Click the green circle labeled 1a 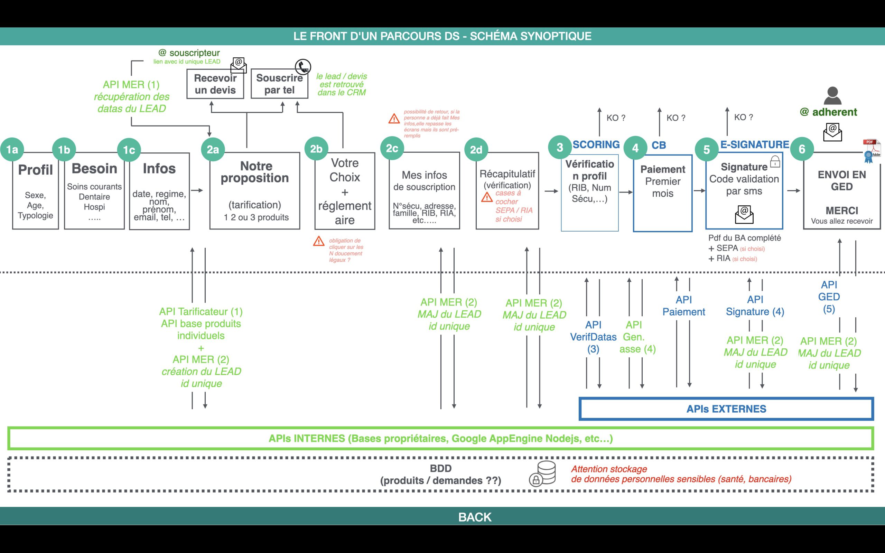click(12, 149)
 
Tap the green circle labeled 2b click(316, 149)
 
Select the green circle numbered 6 click(802, 149)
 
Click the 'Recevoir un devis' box click(215, 84)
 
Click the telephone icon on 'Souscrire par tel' click(303, 67)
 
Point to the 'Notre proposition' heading click(255, 172)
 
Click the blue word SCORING click(596, 144)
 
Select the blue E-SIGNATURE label click(754, 144)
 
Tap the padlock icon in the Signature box click(775, 162)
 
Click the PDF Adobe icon click(872, 150)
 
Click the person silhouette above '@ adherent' click(832, 96)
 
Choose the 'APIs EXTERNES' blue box click(726, 409)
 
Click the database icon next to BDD click(543, 473)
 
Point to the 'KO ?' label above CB click(676, 118)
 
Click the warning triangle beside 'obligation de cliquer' click(318, 241)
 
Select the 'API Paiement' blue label click(683, 306)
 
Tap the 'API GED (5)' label click(829, 297)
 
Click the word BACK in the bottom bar click(475, 517)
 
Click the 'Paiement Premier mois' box click(662, 193)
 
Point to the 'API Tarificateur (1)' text click(201, 312)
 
